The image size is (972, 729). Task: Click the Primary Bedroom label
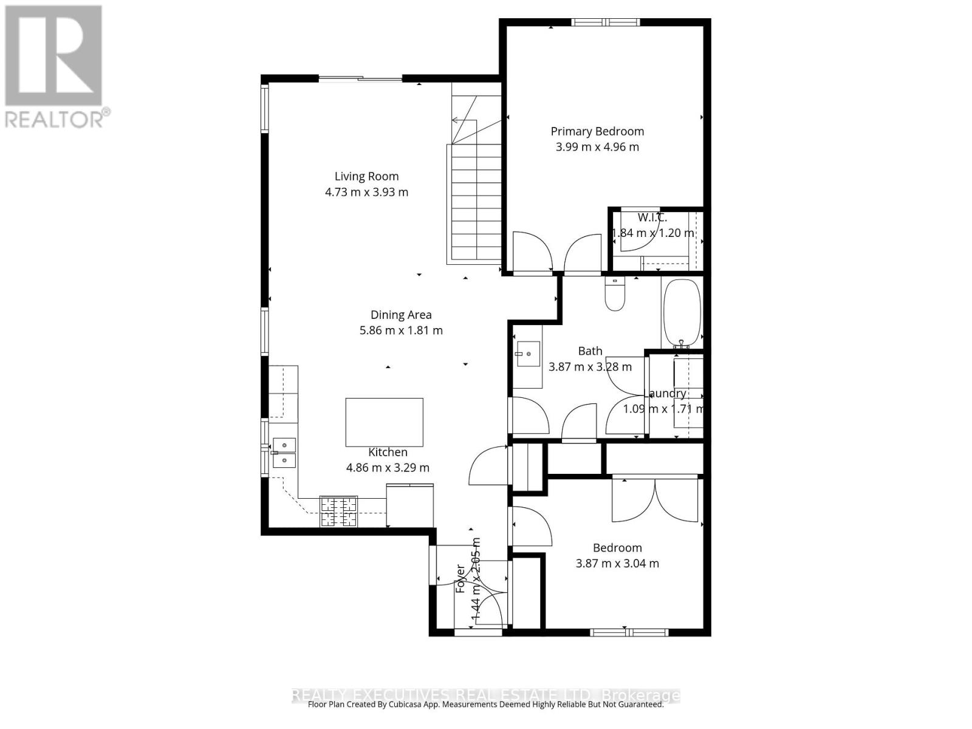click(x=597, y=131)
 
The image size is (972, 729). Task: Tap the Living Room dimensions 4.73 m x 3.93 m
click(x=366, y=192)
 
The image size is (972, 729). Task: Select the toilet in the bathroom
click(x=615, y=294)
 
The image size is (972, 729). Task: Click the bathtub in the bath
click(x=682, y=313)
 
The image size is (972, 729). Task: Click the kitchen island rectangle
click(x=384, y=422)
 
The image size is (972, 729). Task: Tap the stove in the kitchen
click(x=338, y=512)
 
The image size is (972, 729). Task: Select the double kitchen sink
click(x=284, y=453)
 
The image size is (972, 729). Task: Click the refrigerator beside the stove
click(x=410, y=505)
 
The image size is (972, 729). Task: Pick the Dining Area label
click(x=401, y=315)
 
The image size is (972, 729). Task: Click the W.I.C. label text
click(x=652, y=217)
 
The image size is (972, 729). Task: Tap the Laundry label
click(x=665, y=394)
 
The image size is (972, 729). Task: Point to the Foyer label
click(x=460, y=579)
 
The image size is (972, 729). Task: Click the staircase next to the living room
click(x=476, y=200)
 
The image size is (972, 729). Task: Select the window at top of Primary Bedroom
click(x=605, y=22)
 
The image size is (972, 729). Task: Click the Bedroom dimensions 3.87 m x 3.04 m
click(x=617, y=563)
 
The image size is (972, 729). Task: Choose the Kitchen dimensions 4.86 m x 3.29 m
click(x=388, y=468)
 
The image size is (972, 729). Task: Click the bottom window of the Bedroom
click(x=629, y=632)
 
